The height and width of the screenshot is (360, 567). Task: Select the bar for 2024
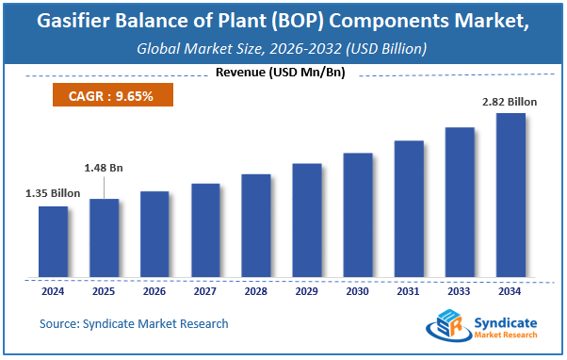pos(54,242)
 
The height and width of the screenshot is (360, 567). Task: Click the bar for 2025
pos(105,238)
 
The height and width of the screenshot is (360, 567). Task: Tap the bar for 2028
pos(256,226)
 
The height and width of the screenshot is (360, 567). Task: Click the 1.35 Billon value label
pos(53,193)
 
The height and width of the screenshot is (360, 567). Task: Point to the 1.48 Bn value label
pos(104,168)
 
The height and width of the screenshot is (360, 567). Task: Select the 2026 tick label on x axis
pos(155,291)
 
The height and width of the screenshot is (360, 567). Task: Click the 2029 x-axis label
pos(307,291)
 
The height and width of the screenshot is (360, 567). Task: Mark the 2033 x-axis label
pos(459,291)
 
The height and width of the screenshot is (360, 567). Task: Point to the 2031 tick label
pos(408,291)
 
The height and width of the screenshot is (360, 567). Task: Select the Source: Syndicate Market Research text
pos(134,323)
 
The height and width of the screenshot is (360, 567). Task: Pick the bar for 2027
pos(205,231)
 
